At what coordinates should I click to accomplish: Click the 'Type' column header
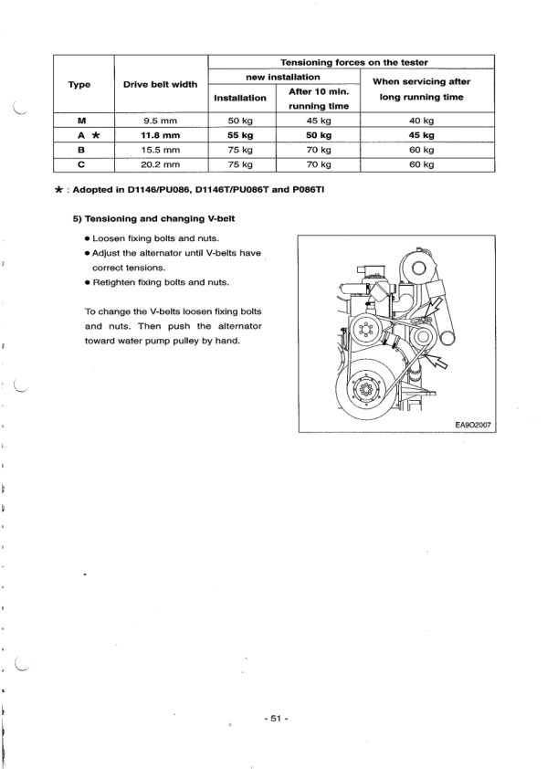pos(83,84)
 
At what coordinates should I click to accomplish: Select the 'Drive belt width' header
pos(160,84)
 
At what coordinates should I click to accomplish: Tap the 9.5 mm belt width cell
pos(160,120)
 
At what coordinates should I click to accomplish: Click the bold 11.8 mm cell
pos(160,135)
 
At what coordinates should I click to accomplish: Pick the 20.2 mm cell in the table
pos(160,164)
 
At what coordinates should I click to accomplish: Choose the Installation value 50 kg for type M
pos(240,120)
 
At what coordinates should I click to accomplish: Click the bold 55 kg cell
pos(240,135)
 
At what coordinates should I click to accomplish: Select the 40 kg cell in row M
pos(421,120)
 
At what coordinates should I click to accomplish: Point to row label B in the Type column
pos(83,150)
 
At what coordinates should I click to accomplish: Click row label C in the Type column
pos(83,164)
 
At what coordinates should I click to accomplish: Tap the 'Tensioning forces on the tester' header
pos(352,62)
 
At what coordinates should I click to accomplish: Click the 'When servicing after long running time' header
pos(421,89)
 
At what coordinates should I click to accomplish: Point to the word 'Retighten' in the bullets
pos(116,283)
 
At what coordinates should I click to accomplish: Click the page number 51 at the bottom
pos(275,719)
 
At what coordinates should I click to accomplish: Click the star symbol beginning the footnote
pos(59,194)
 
